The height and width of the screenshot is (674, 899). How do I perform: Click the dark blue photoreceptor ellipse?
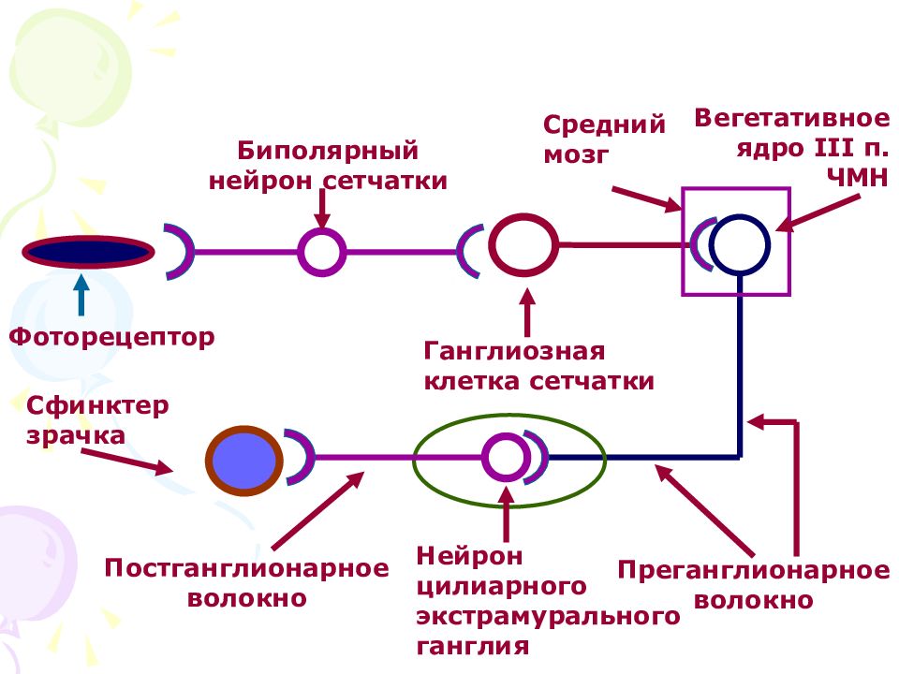(x=88, y=252)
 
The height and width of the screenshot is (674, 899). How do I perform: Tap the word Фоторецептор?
(x=111, y=337)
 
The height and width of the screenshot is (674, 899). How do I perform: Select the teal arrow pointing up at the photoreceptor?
(x=81, y=295)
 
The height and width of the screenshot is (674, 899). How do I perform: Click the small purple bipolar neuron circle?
(x=322, y=252)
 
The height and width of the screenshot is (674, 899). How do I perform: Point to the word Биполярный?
(x=328, y=151)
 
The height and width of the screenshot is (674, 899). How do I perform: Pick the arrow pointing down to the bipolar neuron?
(x=322, y=209)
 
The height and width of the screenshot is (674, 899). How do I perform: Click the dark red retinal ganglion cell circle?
(x=523, y=244)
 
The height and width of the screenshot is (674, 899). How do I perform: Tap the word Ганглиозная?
(x=514, y=351)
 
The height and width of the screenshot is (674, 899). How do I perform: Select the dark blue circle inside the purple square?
(x=740, y=244)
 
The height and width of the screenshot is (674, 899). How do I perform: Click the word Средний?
(x=604, y=125)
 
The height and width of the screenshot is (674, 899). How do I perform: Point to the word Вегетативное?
(x=792, y=118)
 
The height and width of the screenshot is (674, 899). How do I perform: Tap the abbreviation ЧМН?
(x=857, y=178)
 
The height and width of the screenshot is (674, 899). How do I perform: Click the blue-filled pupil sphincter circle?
(x=244, y=461)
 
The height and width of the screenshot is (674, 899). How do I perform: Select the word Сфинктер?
(x=97, y=405)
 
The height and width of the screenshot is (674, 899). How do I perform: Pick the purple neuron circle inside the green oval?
(x=506, y=458)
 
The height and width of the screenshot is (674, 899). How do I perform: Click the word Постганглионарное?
(x=246, y=568)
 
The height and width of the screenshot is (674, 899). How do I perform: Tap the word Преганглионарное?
(x=753, y=570)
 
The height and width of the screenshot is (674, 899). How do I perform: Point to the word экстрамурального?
(x=548, y=617)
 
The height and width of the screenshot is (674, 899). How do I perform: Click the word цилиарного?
(x=501, y=587)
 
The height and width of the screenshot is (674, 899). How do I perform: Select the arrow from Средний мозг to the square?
(x=646, y=198)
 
